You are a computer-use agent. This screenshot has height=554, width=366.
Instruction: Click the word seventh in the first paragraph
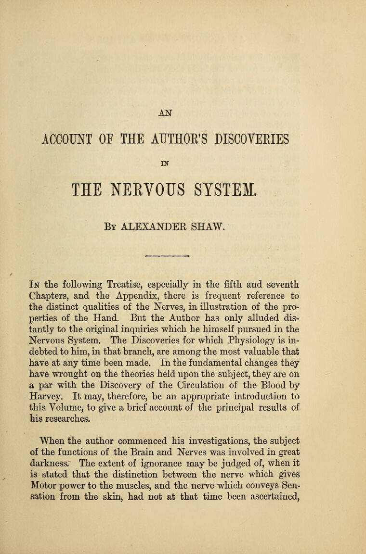click(281, 283)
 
